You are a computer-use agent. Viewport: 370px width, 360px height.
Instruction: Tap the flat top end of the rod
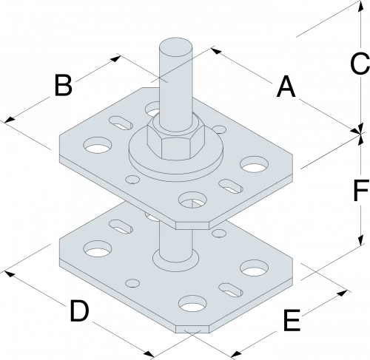coord(177,50)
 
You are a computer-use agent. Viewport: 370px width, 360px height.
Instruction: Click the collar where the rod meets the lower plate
coord(177,260)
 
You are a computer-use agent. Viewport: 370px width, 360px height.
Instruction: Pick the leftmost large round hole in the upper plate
coord(95,146)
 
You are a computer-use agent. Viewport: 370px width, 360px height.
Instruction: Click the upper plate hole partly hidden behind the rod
coord(154,113)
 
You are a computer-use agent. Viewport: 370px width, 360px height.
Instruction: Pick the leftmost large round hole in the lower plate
coord(95,251)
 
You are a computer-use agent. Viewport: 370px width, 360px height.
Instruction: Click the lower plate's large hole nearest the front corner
coord(192,303)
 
